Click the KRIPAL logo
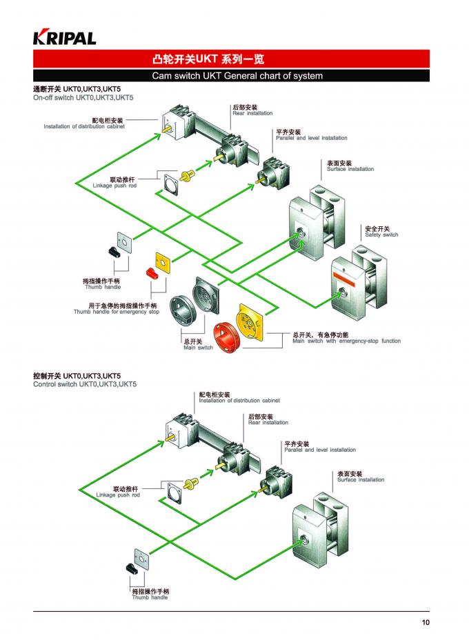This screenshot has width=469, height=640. pyautogui.click(x=65, y=38)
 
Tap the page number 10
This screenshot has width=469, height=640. pyautogui.click(x=426, y=623)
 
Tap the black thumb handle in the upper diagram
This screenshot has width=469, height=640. pyautogui.click(x=114, y=252)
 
